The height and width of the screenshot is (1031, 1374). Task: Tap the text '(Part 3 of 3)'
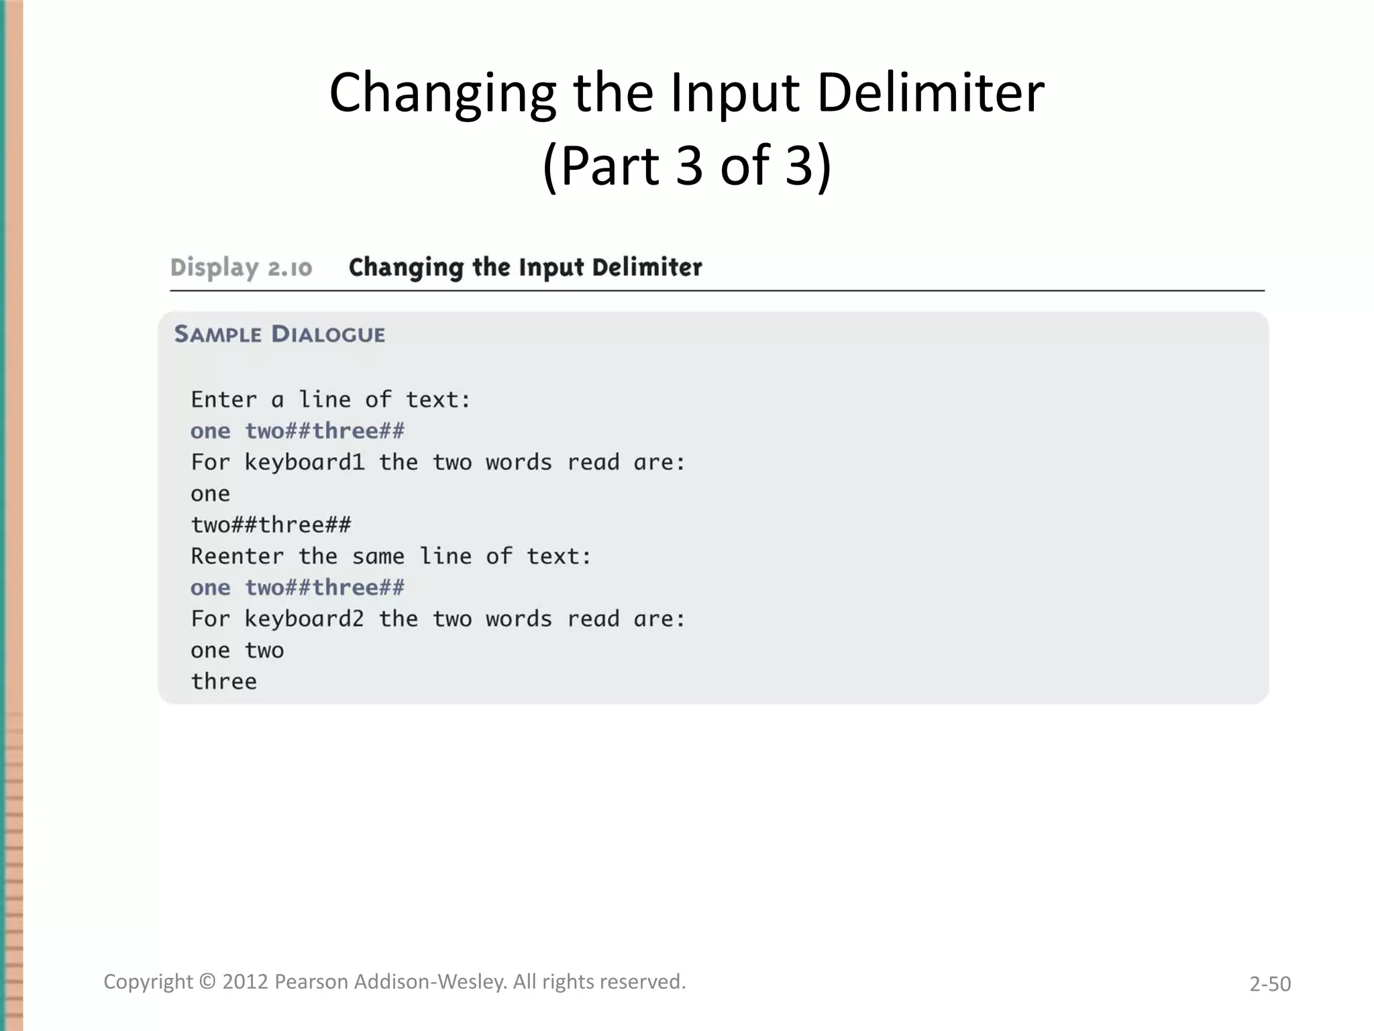686,166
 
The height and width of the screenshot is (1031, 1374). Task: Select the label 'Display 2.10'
241,268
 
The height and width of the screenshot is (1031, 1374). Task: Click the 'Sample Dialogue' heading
280,334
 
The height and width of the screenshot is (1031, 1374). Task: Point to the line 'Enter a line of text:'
331,400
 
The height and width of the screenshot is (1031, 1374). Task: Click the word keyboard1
304,462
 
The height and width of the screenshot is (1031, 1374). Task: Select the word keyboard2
304,619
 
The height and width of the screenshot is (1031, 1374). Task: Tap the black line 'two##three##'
271,525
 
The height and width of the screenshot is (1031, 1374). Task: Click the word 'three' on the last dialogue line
224,682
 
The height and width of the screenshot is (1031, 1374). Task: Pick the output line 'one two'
237,650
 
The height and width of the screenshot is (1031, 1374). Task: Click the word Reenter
237,556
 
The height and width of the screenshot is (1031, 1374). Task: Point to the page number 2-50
1269,984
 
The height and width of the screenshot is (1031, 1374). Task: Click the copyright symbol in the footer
208,982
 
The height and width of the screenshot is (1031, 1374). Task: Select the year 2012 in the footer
246,982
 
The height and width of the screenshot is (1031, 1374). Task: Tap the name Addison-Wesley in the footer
431,982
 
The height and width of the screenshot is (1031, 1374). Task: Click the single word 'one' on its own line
211,494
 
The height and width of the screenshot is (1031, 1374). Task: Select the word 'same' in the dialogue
378,556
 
